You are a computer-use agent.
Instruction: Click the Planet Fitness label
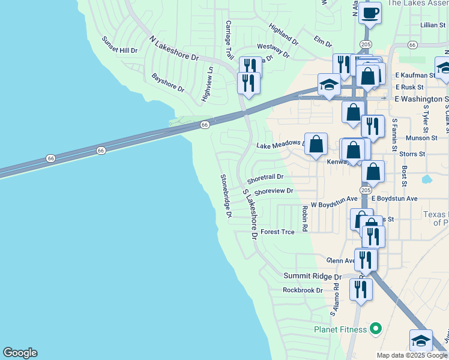click(340, 329)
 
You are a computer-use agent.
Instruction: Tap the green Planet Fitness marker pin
click(376, 328)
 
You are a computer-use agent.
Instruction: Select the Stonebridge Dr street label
click(226, 196)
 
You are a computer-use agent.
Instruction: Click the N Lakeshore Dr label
click(174, 49)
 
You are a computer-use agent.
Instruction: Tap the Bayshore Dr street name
click(168, 83)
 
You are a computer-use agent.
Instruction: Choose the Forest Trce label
click(277, 232)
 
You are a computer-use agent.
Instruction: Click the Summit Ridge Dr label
click(312, 277)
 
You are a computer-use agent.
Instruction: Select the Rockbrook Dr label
click(303, 290)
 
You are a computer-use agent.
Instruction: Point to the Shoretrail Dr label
click(265, 178)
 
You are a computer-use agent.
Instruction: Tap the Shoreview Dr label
click(273, 191)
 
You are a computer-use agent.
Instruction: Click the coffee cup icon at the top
click(370, 13)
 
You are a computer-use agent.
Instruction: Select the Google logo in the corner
click(20, 353)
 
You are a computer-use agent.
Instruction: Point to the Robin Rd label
click(305, 219)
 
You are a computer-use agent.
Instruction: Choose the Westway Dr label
click(273, 50)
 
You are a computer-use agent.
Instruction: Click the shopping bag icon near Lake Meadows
click(316, 145)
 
